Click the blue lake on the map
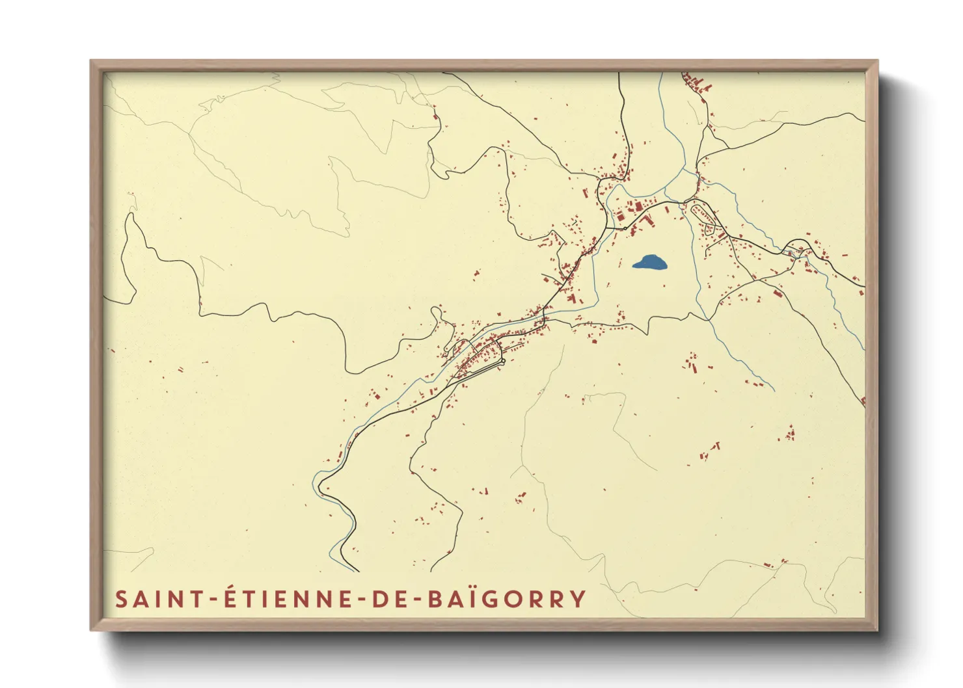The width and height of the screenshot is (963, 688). pyautogui.click(x=650, y=263)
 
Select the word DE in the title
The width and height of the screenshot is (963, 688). pyautogui.click(x=388, y=599)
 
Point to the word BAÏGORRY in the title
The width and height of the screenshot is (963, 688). pyautogui.click(x=507, y=599)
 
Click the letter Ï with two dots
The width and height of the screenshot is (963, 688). pyautogui.click(x=475, y=598)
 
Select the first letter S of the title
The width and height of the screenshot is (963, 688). pyautogui.click(x=121, y=599)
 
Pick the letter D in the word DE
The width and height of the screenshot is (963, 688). pyautogui.click(x=379, y=599)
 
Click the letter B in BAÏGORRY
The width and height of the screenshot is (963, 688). pyautogui.click(x=435, y=599)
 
